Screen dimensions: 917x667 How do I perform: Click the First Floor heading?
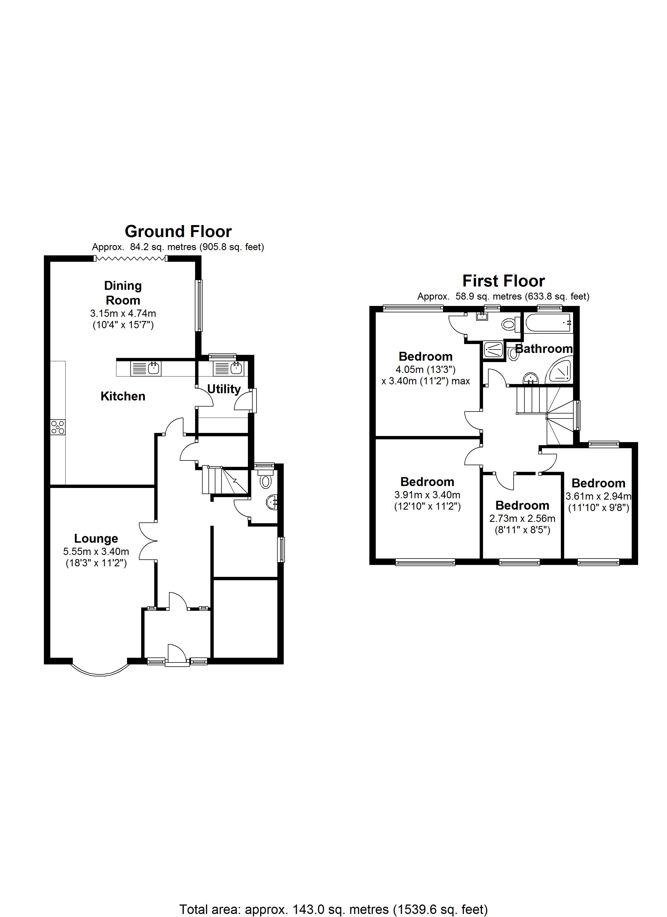(x=503, y=281)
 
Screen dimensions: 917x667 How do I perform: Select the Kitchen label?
(x=123, y=396)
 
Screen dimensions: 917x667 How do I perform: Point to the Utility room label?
(x=224, y=389)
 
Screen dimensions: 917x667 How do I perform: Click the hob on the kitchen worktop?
(x=58, y=427)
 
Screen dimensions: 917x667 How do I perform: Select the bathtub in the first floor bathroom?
(x=548, y=323)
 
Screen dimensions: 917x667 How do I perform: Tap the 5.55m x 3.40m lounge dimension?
(x=96, y=552)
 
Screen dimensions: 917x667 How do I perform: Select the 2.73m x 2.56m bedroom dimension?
(x=522, y=518)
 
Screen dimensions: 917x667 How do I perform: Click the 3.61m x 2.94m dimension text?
(x=598, y=496)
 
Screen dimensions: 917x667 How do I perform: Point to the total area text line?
(x=333, y=909)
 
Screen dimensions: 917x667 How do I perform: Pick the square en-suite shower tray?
(x=493, y=350)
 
